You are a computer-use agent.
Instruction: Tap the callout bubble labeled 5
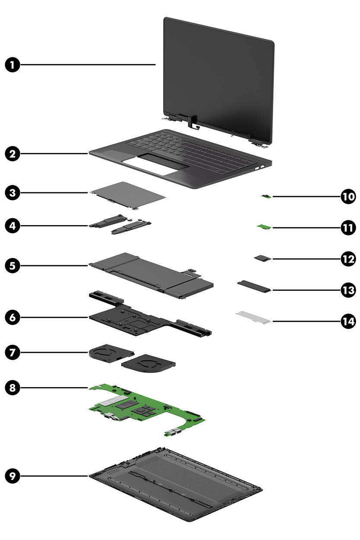coord(13,265)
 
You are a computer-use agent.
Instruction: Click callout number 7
coord(13,352)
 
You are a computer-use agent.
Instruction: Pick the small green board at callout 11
coord(263,226)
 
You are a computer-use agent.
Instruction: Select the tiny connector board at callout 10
coord(266,197)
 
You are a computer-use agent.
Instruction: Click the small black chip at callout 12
coord(261,258)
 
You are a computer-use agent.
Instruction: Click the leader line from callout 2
coord(54,153)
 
